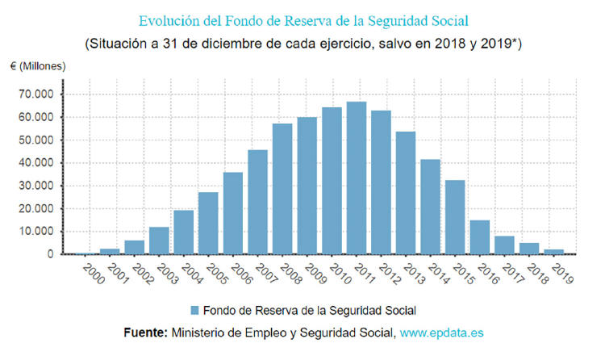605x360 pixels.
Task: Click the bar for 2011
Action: click(357, 178)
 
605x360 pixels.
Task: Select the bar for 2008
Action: click(282, 189)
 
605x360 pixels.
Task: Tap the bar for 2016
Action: click(480, 237)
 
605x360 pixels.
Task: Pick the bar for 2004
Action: click(184, 232)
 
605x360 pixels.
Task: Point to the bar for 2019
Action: click(553, 252)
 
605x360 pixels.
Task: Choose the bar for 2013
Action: click(406, 193)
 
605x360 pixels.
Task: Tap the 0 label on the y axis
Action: click(51, 254)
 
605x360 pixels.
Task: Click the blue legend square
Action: click(195, 310)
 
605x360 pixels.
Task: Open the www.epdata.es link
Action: click(443, 332)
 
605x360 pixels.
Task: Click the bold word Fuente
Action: click(144, 332)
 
